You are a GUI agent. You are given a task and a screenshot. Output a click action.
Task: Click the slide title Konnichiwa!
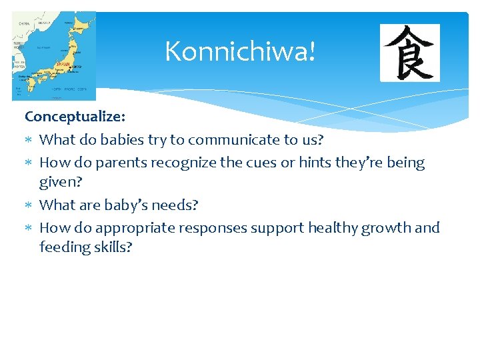click(239, 51)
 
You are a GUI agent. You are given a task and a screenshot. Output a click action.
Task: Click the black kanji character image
click(409, 53)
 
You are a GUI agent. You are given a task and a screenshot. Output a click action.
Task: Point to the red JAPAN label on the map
click(63, 65)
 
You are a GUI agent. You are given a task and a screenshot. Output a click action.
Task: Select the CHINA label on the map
click(24, 23)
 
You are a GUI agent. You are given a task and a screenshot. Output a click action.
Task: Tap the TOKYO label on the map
click(77, 67)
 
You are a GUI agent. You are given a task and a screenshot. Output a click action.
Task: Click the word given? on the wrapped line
click(61, 181)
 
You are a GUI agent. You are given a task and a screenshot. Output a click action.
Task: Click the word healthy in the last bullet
click(333, 227)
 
